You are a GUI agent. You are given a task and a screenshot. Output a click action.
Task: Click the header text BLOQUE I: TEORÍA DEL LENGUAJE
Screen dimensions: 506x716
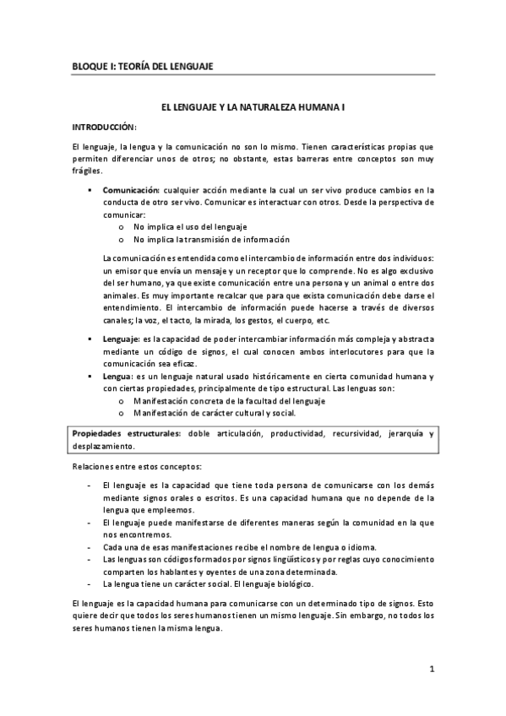[142, 66]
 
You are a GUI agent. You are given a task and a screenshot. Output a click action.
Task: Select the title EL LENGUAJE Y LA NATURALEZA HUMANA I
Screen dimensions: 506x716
[253, 109]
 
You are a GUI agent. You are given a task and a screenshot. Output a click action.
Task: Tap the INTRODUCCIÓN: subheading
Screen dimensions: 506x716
[105, 127]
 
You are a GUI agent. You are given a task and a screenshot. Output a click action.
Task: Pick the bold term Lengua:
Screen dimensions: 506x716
[117, 375]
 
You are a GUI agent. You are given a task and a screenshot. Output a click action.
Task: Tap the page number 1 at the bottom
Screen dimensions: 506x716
[431, 670]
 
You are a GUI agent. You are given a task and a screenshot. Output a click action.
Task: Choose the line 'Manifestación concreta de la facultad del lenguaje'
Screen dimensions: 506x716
[229, 400]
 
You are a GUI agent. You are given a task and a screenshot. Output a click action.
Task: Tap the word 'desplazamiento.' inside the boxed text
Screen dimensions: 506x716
[103, 446]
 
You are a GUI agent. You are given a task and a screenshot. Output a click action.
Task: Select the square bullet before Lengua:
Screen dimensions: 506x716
[90, 375]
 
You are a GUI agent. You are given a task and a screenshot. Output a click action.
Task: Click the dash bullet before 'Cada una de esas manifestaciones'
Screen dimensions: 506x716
[90, 547]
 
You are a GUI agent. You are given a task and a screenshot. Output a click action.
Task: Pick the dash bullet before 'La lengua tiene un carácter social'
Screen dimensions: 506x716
[90, 583]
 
